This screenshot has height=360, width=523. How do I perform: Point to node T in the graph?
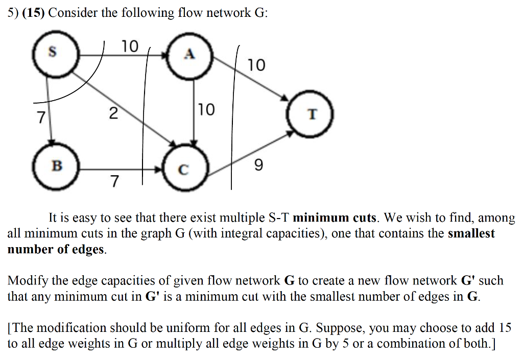(312, 114)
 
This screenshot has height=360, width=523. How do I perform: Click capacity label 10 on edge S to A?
(130, 46)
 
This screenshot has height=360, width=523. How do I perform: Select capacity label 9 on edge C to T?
(258, 165)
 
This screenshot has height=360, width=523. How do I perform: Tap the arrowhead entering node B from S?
(51, 142)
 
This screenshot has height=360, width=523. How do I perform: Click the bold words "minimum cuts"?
(335, 218)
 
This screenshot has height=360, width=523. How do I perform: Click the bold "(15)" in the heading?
(34, 13)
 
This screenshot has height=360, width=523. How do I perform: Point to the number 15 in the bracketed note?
(504, 328)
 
